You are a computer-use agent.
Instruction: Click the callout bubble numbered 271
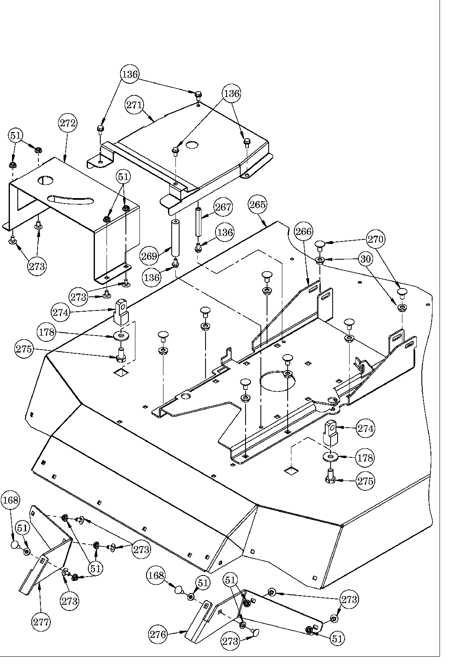[135, 105]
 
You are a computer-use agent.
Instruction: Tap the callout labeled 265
[258, 204]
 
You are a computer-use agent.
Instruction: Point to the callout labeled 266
[303, 231]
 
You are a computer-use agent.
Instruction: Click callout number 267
[223, 207]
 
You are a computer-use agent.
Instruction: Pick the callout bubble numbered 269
[149, 256]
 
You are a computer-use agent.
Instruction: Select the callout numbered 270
[376, 239]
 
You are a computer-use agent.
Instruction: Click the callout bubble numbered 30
[366, 259]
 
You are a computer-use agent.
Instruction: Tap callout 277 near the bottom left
[41, 622]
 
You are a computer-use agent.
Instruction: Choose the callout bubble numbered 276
[158, 634]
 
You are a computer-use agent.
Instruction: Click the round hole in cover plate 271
[192, 145]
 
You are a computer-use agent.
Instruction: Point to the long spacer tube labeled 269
[176, 239]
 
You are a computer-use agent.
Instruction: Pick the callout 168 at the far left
[10, 500]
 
